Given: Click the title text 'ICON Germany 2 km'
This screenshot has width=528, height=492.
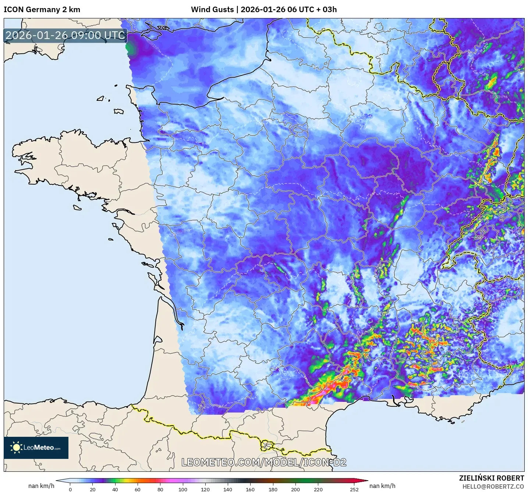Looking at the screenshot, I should tap(42, 10).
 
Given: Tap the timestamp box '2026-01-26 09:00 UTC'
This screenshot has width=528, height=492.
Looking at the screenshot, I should tap(65, 35).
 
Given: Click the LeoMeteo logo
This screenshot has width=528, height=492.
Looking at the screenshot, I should tap(36, 447).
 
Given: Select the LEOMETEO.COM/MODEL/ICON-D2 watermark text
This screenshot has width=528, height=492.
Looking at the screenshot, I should tap(264, 462).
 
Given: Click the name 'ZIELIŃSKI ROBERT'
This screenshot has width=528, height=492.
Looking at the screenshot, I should tap(491, 478).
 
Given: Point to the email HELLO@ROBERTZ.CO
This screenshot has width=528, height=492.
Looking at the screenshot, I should tap(493, 486).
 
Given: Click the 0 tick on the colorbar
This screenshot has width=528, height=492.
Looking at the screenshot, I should tap(70, 489).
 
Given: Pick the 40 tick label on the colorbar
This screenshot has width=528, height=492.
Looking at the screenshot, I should tap(115, 489).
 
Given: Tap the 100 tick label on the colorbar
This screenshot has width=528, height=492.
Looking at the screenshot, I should tap(183, 489).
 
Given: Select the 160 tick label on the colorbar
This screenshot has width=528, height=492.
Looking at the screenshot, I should tap(250, 489).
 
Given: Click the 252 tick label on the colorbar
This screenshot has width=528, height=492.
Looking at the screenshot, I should tap(354, 489).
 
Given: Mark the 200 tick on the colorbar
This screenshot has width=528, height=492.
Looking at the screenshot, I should tap(295, 489).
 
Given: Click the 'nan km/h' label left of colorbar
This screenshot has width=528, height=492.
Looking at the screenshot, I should tap(41, 486).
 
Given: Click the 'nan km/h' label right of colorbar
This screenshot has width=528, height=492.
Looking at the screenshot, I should tap(382, 486).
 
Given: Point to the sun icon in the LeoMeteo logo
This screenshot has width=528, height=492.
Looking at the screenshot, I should tap(16, 447).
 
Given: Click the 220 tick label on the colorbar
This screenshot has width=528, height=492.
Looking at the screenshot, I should tap(318, 489).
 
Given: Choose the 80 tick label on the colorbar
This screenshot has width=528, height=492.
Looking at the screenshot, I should tap(160, 489).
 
